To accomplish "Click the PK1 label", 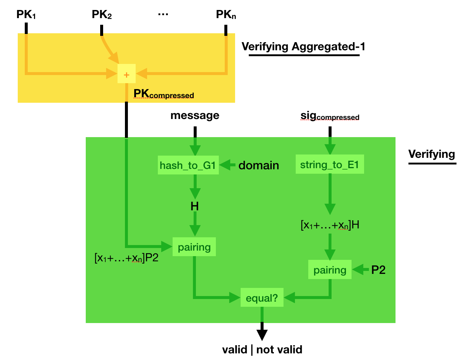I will (26, 15).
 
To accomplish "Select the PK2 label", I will (102, 15).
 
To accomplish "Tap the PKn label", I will (226, 15).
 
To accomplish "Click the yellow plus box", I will (126, 74).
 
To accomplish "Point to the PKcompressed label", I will (163, 94).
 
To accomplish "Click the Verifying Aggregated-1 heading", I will (303, 47).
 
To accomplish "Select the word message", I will (195, 116).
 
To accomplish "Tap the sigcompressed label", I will (330, 116).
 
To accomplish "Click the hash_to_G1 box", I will (188, 165).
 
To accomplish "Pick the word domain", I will (258, 165).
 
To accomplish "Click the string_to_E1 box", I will (329, 165).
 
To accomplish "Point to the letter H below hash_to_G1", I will (195, 206).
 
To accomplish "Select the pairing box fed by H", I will (194, 247).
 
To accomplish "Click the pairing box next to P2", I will (330, 270).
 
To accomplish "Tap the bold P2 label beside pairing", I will (378, 270).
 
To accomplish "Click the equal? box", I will (262, 298).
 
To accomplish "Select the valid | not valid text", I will (262, 350).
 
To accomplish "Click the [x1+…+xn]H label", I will (330, 225).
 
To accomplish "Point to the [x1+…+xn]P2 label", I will (126, 258).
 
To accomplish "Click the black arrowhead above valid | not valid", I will (262, 334).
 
